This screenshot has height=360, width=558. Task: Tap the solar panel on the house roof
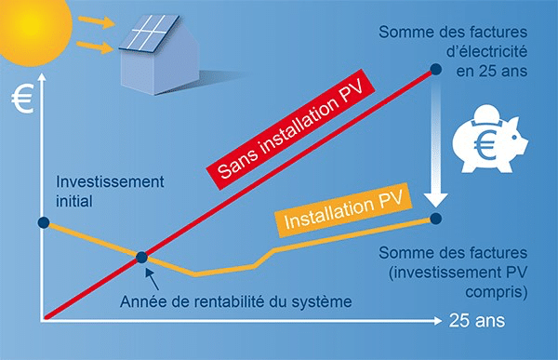point(145,35)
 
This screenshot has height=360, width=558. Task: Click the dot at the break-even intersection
point(141,258)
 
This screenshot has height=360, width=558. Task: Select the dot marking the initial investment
point(42,222)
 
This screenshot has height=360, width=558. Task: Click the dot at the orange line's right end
point(437,220)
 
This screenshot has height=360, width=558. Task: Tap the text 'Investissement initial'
point(96,191)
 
